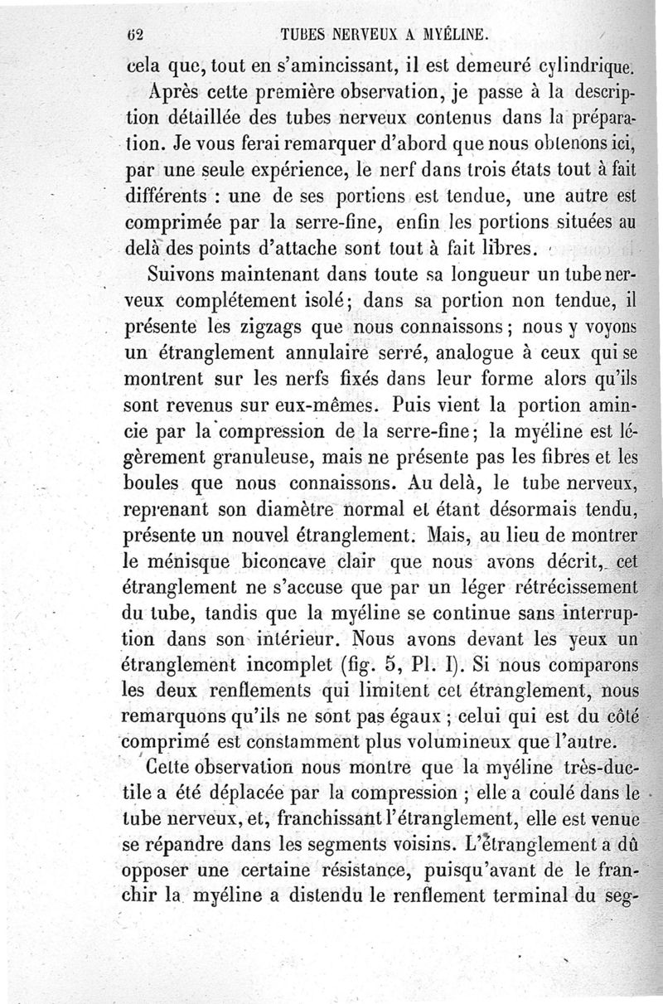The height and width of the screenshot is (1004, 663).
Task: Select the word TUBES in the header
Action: [x=304, y=36]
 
